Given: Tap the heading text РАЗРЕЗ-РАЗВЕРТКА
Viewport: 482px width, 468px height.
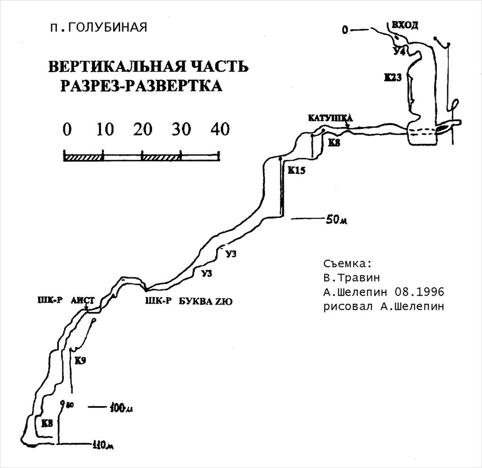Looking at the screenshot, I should click(141, 86).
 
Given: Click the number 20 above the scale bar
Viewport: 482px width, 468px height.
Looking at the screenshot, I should click(142, 129).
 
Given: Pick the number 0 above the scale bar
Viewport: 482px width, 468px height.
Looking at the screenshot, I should click(67, 129).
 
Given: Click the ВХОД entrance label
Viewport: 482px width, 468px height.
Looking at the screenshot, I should click(404, 25).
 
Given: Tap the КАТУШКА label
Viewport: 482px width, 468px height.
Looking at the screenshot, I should click(330, 118).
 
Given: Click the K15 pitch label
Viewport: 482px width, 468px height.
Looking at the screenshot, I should click(297, 171).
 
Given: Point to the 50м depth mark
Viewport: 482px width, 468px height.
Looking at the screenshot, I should click(337, 220).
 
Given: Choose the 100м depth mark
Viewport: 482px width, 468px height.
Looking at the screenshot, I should click(120, 408).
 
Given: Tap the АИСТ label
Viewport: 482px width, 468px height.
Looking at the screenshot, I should click(83, 300).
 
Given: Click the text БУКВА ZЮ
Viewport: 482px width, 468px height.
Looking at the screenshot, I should click(206, 302).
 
